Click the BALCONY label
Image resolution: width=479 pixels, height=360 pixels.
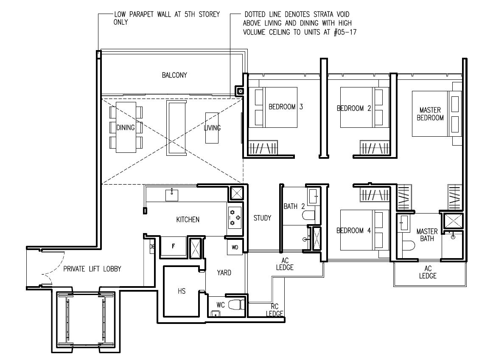(x=174, y=75)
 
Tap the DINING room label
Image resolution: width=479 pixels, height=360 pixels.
(x=126, y=127)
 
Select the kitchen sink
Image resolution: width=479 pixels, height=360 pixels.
(x=172, y=195)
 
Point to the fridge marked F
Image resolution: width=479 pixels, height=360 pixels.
(x=173, y=246)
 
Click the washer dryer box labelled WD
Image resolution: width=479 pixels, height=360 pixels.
(x=235, y=247)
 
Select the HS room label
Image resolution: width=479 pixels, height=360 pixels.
(x=182, y=291)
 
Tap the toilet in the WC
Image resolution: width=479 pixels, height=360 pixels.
(x=236, y=304)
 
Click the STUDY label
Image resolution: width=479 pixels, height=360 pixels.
(x=263, y=218)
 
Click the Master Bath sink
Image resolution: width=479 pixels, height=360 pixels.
(x=404, y=223)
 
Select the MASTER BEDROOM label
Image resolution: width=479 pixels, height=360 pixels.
(x=430, y=114)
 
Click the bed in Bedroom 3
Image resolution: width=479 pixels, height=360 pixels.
(x=273, y=107)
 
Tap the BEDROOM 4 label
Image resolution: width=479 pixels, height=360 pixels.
(x=353, y=231)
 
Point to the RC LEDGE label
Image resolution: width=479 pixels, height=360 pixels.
(x=275, y=310)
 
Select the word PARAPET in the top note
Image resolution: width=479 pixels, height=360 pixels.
(x=141, y=14)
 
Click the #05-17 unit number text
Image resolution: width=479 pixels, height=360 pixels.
(x=345, y=32)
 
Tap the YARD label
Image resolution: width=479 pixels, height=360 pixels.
(x=224, y=273)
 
